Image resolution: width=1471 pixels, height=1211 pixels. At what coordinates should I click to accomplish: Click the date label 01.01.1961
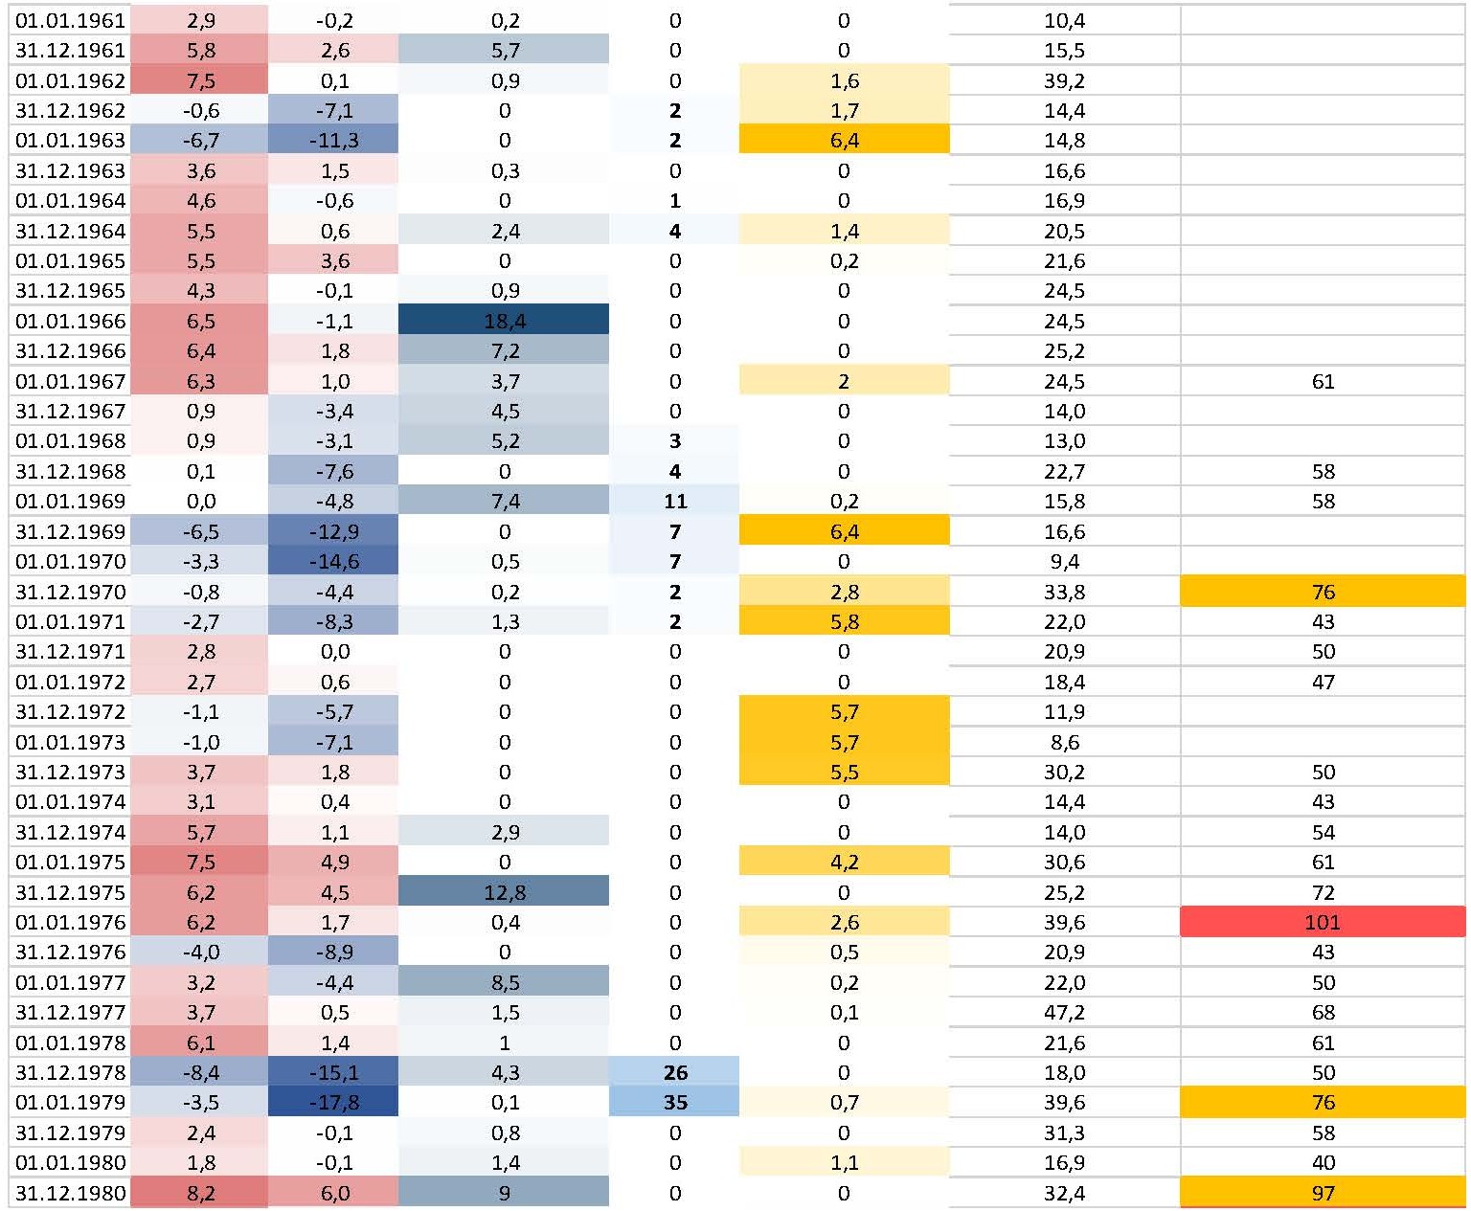coord(70,20)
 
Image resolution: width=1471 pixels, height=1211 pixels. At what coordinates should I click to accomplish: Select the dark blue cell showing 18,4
coord(504,321)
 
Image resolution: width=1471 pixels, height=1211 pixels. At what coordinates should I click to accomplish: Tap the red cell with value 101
coord(1323,923)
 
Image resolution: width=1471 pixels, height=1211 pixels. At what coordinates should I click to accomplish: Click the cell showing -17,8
coord(334,1103)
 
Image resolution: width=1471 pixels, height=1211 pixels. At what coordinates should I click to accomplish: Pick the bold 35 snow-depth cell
coord(675,1103)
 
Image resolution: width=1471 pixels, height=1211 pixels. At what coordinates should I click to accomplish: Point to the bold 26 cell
coord(675,1072)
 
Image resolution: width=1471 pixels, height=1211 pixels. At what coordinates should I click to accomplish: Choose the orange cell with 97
coord(1323,1193)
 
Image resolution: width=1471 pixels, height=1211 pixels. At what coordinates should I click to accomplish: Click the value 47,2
coord(1064,1013)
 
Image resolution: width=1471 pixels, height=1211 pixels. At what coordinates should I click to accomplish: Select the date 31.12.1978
coord(70,1072)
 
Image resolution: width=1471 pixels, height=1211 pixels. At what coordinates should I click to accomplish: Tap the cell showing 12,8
coord(504,892)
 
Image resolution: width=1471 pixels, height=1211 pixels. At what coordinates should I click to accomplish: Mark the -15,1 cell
coord(334,1072)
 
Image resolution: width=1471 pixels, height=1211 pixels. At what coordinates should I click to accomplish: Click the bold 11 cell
coord(675,502)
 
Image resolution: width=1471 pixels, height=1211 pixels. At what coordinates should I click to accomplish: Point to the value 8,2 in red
coord(201,1193)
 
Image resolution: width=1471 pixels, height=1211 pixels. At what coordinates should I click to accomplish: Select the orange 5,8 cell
coord(844,621)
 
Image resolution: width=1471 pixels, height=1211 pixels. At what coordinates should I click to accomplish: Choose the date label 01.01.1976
coord(70,923)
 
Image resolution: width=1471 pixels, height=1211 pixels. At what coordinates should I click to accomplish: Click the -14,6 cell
coord(334,561)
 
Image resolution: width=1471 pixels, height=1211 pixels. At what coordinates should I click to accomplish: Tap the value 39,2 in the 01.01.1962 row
coord(1064,80)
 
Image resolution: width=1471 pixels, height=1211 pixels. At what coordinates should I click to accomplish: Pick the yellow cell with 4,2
coord(844,862)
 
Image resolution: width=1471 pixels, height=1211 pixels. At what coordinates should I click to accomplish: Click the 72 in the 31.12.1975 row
coord(1323,892)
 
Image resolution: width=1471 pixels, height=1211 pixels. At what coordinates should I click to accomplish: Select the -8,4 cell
coord(201,1072)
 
